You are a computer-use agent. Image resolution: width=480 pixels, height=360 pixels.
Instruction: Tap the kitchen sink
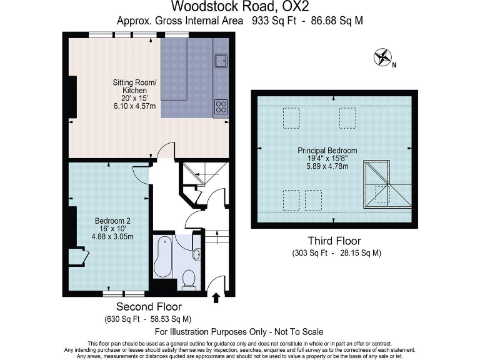[x=221, y=61]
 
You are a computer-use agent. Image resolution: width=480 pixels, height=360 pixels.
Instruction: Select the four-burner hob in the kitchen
[x=221, y=106]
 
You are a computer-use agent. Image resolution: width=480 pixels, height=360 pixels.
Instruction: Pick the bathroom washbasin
[x=196, y=254]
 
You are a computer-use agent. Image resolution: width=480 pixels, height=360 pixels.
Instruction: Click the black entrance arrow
[x=217, y=298]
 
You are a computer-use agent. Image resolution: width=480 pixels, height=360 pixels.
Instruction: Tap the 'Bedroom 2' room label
[x=112, y=221]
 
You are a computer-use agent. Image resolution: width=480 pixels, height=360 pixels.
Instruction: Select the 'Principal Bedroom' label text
[x=327, y=151]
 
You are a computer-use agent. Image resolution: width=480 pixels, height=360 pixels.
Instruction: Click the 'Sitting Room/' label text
[x=134, y=82]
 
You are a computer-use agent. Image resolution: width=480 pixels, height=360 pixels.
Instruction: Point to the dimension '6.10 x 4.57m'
[x=134, y=107]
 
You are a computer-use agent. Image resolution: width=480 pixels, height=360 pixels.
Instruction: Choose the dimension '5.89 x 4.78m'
[x=327, y=167]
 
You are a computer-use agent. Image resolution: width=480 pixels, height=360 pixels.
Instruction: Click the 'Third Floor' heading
[x=334, y=241]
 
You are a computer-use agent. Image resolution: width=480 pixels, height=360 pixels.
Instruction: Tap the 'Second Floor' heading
[x=149, y=307]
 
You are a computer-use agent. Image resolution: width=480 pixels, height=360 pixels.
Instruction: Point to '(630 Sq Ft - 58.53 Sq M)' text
[x=149, y=319]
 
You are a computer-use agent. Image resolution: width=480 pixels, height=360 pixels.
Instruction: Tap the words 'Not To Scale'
[x=299, y=332]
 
